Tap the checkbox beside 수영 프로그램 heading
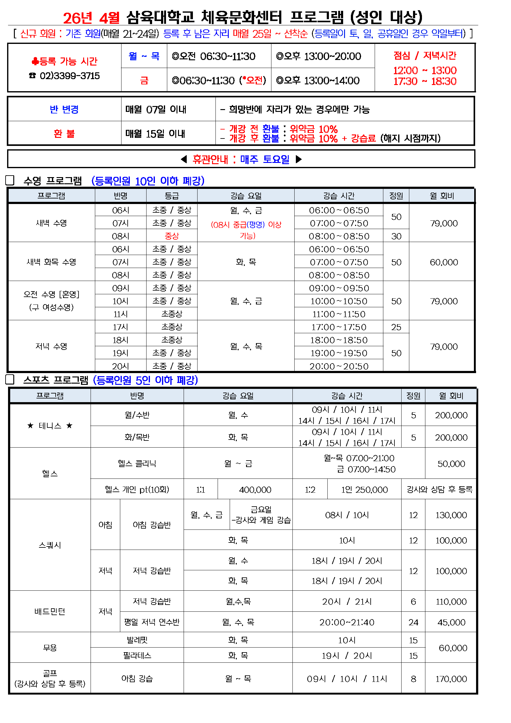(10, 181)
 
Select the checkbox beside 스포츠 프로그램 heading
(10, 380)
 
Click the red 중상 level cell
(172, 236)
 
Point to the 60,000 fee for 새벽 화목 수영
(444, 262)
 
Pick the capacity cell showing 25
(396, 327)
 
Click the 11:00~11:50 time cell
(339, 314)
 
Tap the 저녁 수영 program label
(51, 347)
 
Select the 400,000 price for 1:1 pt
(255, 490)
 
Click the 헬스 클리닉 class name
(137, 464)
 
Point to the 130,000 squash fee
(451, 515)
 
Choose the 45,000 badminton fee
(451, 622)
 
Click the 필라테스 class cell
(137, 656)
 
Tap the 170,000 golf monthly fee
(451, 679)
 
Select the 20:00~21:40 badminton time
(347, 622)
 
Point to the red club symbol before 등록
(35, 61)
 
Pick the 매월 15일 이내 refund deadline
(155, 134)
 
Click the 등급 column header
(172, 196)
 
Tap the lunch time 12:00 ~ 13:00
(425, 70)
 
